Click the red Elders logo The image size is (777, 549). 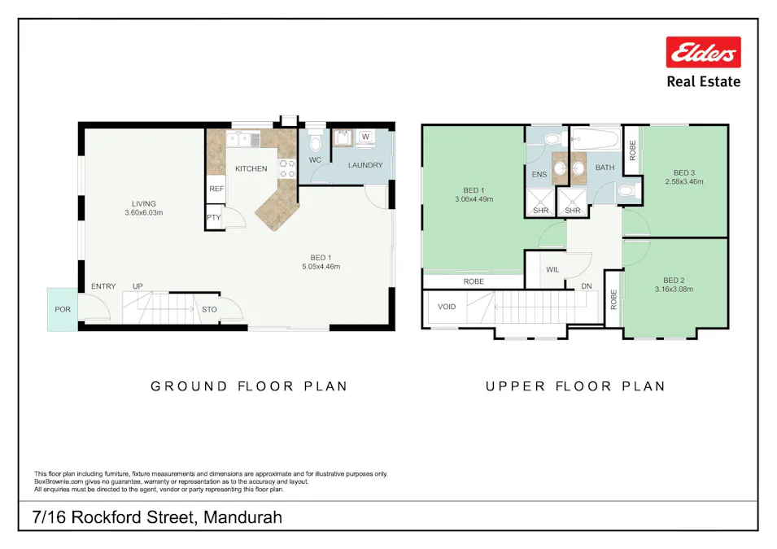coord(703,52)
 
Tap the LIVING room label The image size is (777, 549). coord(144,204)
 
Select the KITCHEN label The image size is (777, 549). coord(251,168)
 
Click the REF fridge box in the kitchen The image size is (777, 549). coord(216,188)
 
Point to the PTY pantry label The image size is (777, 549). coord(213,218)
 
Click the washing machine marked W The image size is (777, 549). coord(365,137)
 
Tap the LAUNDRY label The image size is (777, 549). coord(365,165)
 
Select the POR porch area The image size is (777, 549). coord(62,309)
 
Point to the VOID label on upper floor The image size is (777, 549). coord(447,307)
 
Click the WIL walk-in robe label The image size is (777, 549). coord(552,269)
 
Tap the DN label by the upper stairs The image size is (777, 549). coord(586,286)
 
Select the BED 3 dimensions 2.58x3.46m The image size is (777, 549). coord(683,181)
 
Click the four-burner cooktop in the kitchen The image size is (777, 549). coord(287,168)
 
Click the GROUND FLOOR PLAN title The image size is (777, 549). coord(249,386)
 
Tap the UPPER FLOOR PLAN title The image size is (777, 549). coord(575,386)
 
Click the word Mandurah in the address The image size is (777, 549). coord(242,517)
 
